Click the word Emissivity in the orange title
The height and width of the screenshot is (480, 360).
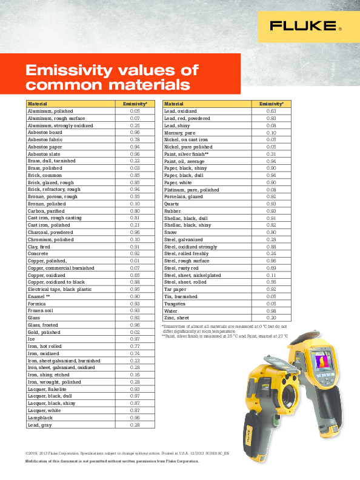[71, 70]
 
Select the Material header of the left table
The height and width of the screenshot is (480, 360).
[38, 104]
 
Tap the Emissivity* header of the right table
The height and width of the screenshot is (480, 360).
[271, 104]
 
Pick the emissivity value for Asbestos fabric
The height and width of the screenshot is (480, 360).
[135, 139]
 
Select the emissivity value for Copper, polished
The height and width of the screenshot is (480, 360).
[135, 261]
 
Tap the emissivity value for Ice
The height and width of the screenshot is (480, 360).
[135, 338]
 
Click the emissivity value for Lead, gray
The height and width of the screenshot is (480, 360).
[135, 425]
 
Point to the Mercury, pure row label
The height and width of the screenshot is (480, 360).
[180, 133]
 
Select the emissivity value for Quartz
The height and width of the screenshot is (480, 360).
[271, 204]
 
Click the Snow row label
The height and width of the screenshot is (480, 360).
[170, 232]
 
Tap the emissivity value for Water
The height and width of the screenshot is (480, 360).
[271, 310]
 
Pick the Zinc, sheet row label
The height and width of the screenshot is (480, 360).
[177, 318]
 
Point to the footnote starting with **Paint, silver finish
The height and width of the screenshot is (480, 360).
[224, 335]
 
